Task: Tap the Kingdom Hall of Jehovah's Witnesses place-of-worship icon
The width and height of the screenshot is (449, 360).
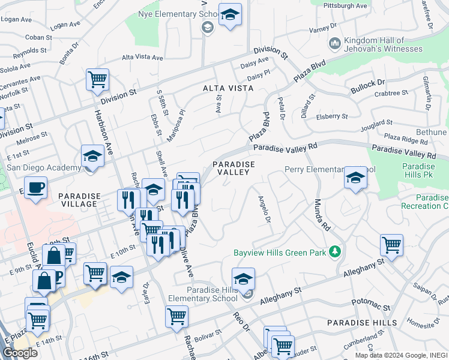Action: click(x=334, y=43)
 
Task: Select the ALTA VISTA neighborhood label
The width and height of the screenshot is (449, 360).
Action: click(x=228, y=88)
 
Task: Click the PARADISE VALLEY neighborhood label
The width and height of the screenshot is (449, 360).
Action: click(x=233, y=168)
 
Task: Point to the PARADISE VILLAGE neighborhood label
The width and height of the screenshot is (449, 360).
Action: click(x=78, y=200)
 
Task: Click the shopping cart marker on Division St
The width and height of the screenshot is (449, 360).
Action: click(x=97, y=80)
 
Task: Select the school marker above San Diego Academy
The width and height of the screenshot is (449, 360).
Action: click(x=92, y=156)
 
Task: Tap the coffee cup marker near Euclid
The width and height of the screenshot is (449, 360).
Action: click(x=35, y=187)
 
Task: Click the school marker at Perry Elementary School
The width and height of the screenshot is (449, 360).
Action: click(x=355, y=178)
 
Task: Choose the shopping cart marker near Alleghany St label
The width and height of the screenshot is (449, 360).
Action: click(x=391, y=244)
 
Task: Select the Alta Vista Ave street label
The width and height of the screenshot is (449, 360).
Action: click(x=142, y=58)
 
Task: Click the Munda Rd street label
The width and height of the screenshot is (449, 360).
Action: click(x=323, y=215)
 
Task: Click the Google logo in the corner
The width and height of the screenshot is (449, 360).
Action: click(x=20, y=353)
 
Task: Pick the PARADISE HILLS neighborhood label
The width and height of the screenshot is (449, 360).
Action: click(x=361, y=323)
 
